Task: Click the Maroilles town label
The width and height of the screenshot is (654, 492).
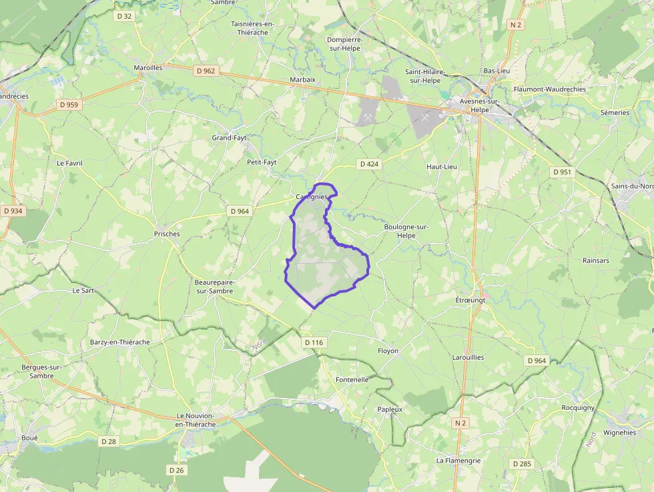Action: pos(147,67)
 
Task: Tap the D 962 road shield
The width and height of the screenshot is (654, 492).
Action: pos(206,70)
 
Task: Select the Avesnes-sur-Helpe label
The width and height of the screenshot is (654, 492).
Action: pos(480,105)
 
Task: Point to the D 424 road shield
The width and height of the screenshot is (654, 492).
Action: pos(369,164)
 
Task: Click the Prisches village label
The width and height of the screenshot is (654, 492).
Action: pos(167,234)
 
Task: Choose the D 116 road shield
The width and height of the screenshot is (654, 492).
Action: pos(314,342)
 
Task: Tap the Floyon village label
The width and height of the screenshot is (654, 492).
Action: pos(388,350)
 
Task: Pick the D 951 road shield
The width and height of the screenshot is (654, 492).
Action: pos(563,172)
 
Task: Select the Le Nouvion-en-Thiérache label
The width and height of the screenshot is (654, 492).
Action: pos(196,420)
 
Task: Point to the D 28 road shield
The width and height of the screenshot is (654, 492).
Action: pos(108,441)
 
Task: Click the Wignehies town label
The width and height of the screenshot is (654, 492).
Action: pos(619,432)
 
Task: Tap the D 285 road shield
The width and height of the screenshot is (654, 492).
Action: pos(522,463)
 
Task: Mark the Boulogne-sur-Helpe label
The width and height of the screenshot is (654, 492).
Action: pos(406,231)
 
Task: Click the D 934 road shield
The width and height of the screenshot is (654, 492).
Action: pos(12,211)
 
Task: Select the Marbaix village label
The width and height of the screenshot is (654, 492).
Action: pos(302,79)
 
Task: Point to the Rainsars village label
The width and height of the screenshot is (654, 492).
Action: pos(595,260)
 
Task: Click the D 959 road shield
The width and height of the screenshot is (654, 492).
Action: pos(69,104)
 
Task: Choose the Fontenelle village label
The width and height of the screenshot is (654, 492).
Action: pos(352,379)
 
